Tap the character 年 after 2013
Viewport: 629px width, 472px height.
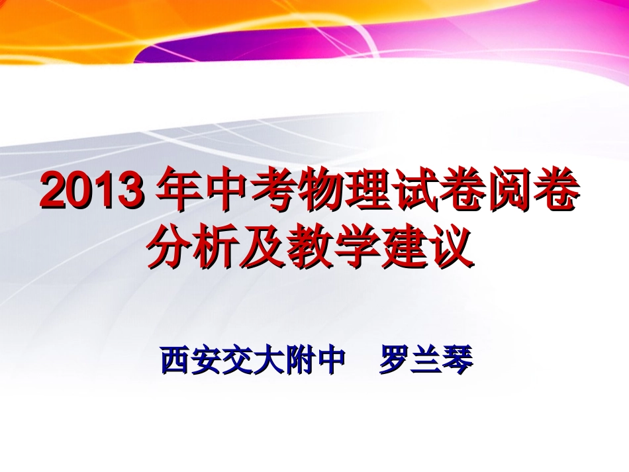tap(177, 193)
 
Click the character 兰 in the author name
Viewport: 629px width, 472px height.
tap(426, 361)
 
